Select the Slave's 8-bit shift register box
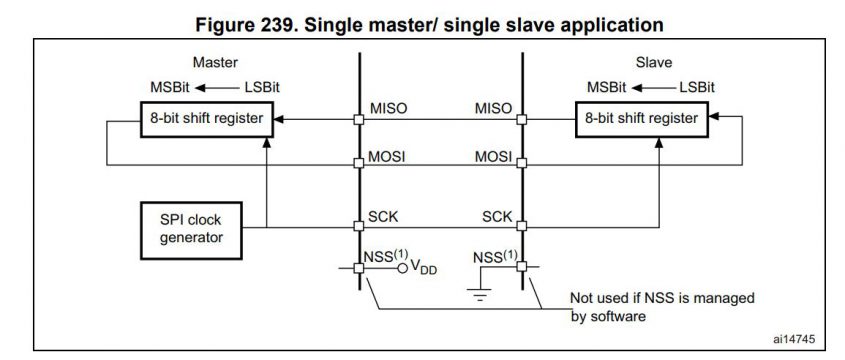click(x=643, y=119)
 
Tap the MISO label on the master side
click(x=388, y=108)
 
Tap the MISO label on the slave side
click(x=493, y=108)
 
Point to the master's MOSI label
click(x=388, y=158)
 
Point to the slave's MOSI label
click(x=493, y=158)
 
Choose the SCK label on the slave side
click(x=497, y=216)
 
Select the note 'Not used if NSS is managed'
click(x=662, y=297)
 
